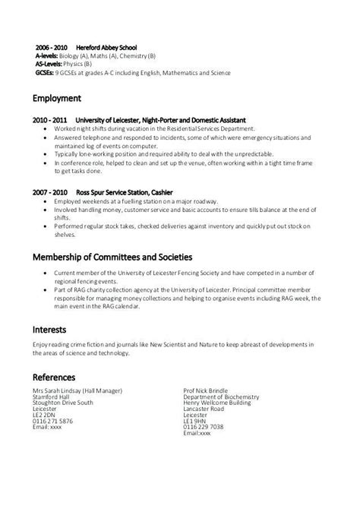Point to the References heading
pos(59,377)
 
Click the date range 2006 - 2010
pos(51,47)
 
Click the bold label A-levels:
pos(51,56)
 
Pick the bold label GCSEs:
pos(48,74)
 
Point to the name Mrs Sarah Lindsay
pos(60,390)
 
